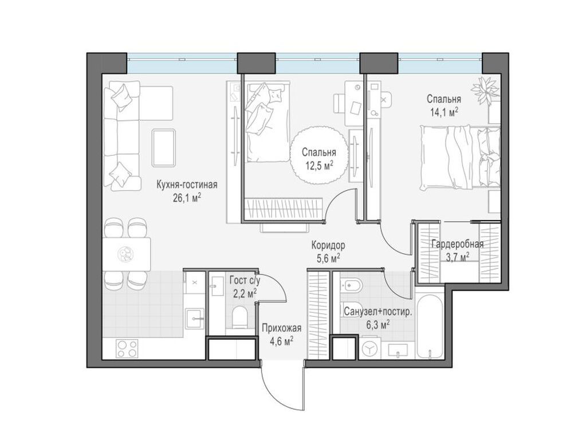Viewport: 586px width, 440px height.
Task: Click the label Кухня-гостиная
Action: coord(187,184)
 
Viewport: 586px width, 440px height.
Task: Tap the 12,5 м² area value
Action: coord(320,166)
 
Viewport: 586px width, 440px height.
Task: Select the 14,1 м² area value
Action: coord(445,112)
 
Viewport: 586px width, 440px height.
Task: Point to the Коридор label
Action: coord(328,246)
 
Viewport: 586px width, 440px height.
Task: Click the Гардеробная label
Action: coord(458,245)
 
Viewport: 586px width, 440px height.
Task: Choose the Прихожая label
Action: coord(281,328)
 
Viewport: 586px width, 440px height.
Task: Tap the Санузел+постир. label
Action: coord(377,312)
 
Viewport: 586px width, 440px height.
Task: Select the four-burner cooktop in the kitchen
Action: coord(127,348)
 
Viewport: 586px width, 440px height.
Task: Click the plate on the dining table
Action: coord(124,254)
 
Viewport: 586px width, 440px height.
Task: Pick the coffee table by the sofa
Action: coord(164,148)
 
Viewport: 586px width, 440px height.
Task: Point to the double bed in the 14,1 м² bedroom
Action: coord(460,158)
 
